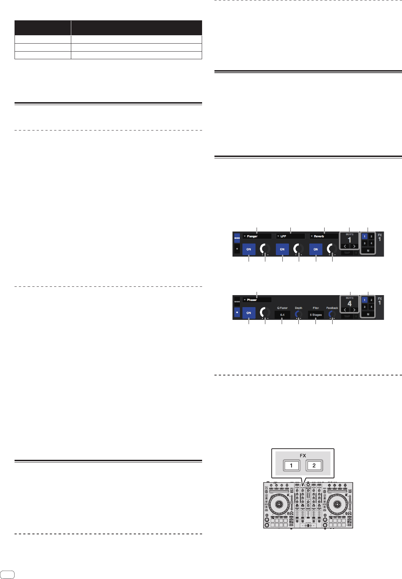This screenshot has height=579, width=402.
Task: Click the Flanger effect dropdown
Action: [257, 236]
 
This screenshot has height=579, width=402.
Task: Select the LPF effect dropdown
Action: [290, 236]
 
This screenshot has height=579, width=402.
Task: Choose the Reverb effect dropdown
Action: [323, 236]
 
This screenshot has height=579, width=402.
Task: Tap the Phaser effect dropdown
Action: [257, 300]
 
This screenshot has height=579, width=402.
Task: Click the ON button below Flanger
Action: [249, 249]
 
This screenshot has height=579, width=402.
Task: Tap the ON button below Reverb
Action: [316, 249]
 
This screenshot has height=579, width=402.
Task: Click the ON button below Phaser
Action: [249, 313]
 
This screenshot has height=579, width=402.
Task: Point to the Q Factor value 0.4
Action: [282, 315]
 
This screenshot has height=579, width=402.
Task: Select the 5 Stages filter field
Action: [316, 315]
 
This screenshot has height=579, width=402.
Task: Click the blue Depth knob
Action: [298, 314]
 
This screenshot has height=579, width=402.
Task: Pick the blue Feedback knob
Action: [332, 314]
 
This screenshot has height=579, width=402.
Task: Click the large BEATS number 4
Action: [350, 303]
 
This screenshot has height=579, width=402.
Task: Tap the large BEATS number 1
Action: [350, 240]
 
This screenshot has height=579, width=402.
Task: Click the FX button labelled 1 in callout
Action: [291, 465]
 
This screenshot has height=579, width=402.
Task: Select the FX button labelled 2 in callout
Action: [314, 465]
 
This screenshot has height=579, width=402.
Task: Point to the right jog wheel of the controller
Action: [337, 504]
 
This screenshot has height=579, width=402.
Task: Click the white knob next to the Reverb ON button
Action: [332, 249]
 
